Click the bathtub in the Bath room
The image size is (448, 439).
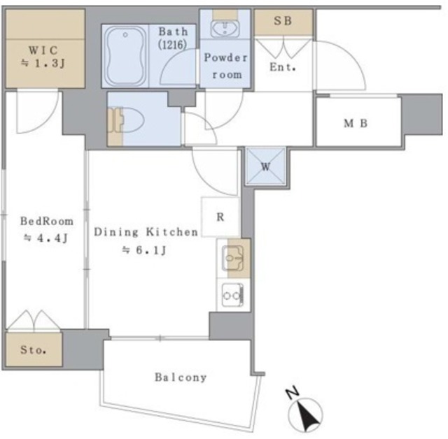[125, 56]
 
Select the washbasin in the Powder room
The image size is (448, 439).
[225, 29]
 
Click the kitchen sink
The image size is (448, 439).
[232, 258]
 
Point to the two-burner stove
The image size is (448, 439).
[232, 295]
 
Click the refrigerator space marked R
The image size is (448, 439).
[220, 217]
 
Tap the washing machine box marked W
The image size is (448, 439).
[266, 166]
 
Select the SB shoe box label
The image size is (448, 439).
[283, 20]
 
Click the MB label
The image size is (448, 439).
[356, 123]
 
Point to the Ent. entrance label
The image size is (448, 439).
[283, 67]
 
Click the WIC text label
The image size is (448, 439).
[43, 50]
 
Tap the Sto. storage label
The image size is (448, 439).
[33, 350]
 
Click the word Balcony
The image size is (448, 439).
[181, 377]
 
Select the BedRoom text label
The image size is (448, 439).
[47, 221]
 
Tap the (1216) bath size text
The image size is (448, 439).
[173, 45]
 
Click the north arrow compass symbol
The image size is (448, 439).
[305, 413]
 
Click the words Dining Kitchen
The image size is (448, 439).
[146, 232]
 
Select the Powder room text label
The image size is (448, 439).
[226, 66]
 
